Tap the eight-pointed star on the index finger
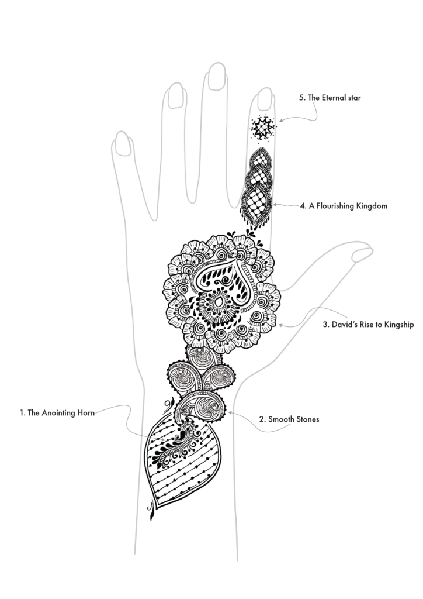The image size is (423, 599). (x=263, y=127)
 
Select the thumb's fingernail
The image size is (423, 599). (x=362, y=254)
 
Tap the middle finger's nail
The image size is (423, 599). (x=216, y=77)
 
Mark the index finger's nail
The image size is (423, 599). (x=265, y=99)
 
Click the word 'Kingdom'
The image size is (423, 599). (x=372, y=206)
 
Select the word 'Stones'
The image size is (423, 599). (x=307, y=419)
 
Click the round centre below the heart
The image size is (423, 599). (x=217, y=302)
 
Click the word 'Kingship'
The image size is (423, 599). (x=398, y=325)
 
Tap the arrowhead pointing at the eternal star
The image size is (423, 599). (x=280, y=121)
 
